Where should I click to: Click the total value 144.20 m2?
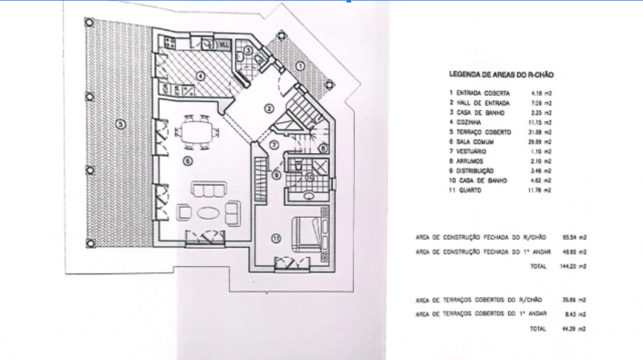pos(572,266)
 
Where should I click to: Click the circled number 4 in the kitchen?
pos(200,76)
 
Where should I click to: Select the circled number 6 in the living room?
pos(186,160)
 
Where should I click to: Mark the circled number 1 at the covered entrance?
pos(300,67)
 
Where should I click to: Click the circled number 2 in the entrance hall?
pos(268,108)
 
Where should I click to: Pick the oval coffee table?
pos(208,213)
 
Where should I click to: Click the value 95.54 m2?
pos(572,237)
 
